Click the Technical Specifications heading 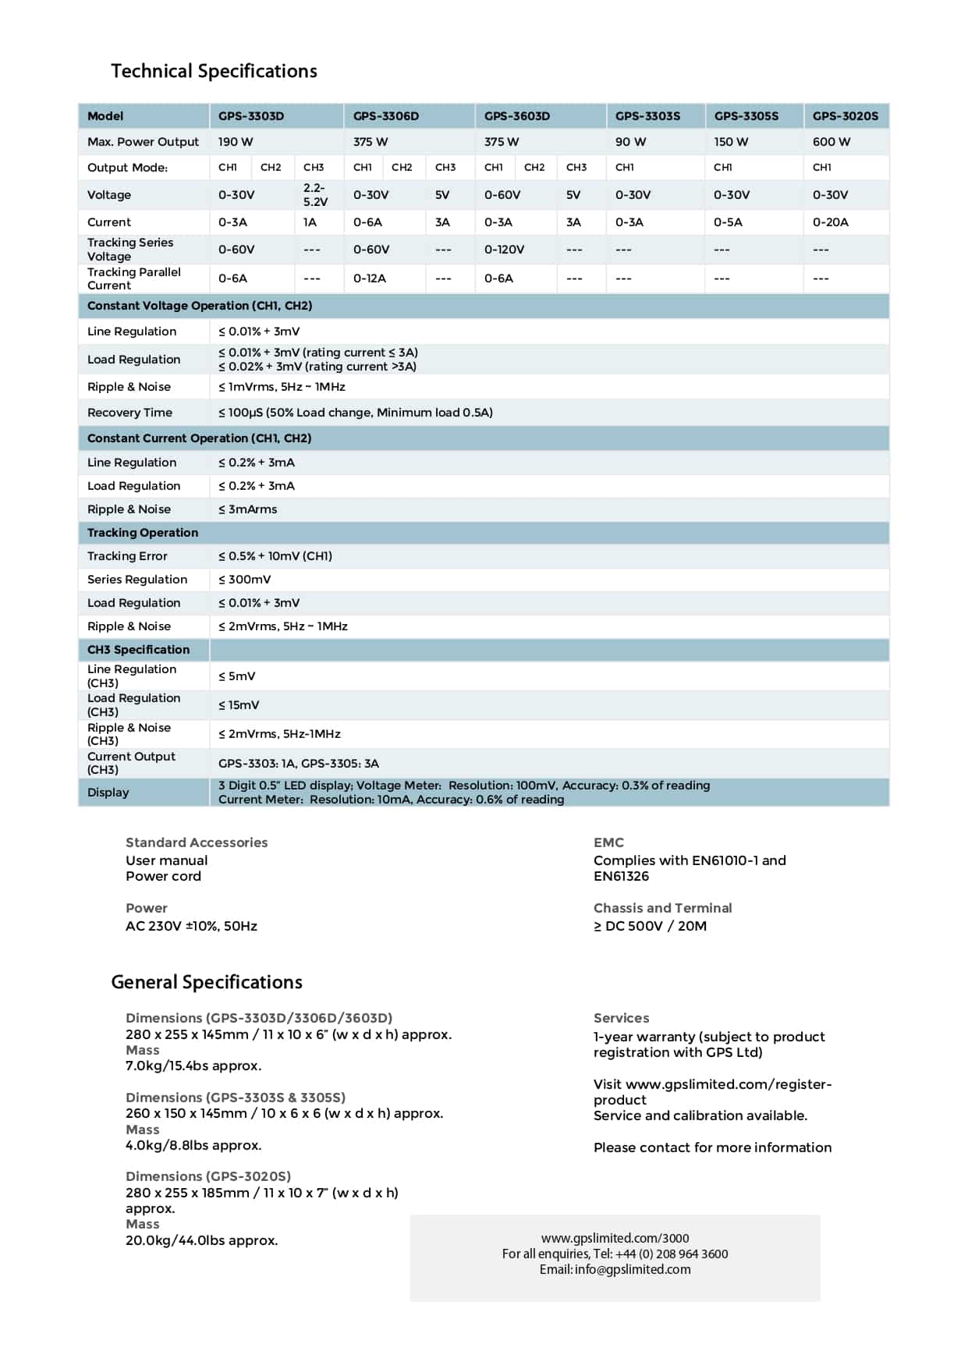click(x=214, y=71)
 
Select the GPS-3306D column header click(x=385, y=116)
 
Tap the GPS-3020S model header click(x=845, y=116)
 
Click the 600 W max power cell click(x=831, y=142)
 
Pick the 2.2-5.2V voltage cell click(x=315, y=195)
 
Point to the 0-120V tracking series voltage click(x=504, y=250)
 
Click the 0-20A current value click(x=830, y=222)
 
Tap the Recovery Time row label click(x=129, y=413)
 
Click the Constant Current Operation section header click(x=199, y=438)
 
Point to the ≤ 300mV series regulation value click(x=244, y=580)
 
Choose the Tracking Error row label click(x=127, y=556)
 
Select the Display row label click(x=108, y=793)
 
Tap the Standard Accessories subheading click(x=197, y=842)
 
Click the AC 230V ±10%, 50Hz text click(x=191, y=926)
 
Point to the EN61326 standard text click(x=621, y=876)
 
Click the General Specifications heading click(x=207, y=982)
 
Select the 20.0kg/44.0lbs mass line click(x=201, y=1240)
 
